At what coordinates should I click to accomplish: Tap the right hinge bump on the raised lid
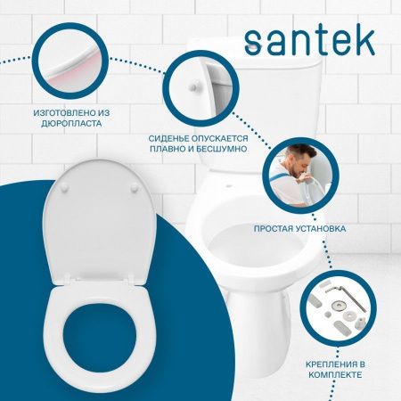[x=130, y=186]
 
